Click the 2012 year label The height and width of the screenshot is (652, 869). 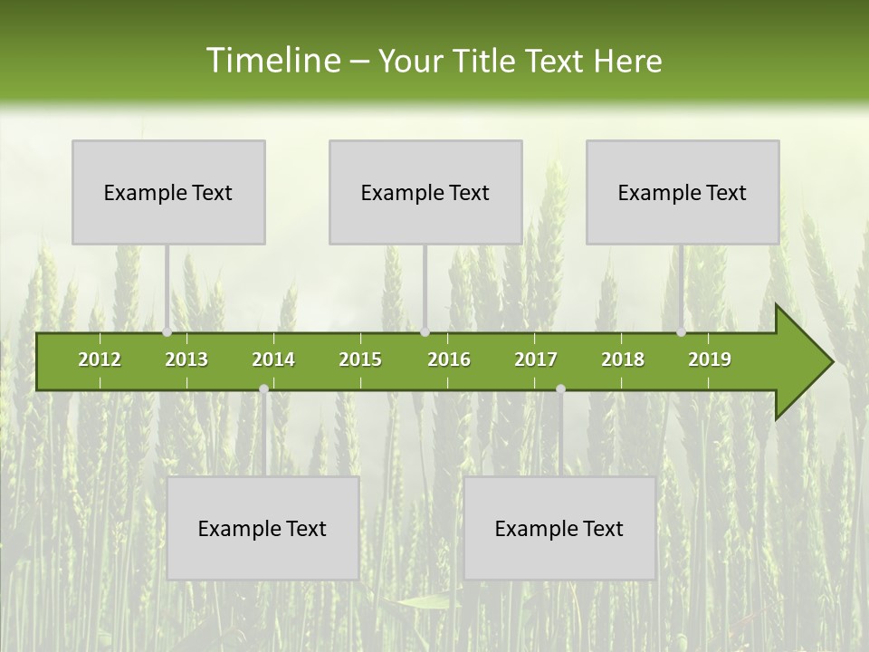[x=100, y=360]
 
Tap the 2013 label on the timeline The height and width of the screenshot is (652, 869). [x=186, y=360]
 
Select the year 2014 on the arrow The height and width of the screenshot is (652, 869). [x=273, y=360]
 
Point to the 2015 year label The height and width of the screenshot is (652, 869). [x=360, y=360]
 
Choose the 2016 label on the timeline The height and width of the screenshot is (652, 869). [x=449, y=360]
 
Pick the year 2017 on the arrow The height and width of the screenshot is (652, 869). [x=536, y=360]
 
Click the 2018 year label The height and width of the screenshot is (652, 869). [x=623, y=360]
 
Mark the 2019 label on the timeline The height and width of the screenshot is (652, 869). [x=710, y=360]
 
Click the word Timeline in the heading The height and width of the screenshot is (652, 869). [x=272, y=61]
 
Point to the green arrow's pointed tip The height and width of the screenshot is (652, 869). [x=830, y=362]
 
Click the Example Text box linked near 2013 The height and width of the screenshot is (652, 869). [x=168, y=192]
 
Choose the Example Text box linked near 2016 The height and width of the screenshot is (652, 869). [x=425, y=192]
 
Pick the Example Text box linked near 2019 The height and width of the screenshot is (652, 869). [x=683, y=192]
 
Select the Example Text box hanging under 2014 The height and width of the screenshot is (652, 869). [x=263, y=528]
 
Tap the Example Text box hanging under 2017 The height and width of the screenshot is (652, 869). [x=559, y=528]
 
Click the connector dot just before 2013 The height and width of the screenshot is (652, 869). [x=167, y=332]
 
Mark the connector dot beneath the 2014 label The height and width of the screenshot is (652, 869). [x=263, y=388]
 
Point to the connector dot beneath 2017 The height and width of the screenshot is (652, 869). [x=560, y=388]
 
